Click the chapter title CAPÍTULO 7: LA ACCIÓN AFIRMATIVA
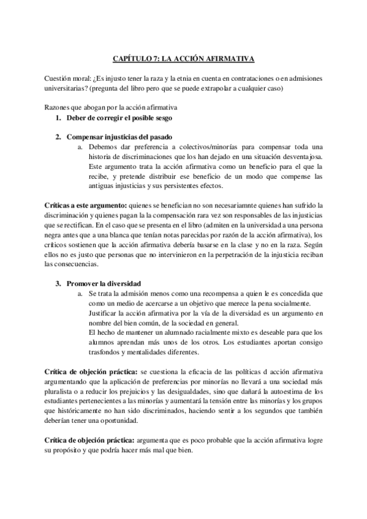click(x=183, y=59)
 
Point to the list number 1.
click(x=58, y=117)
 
